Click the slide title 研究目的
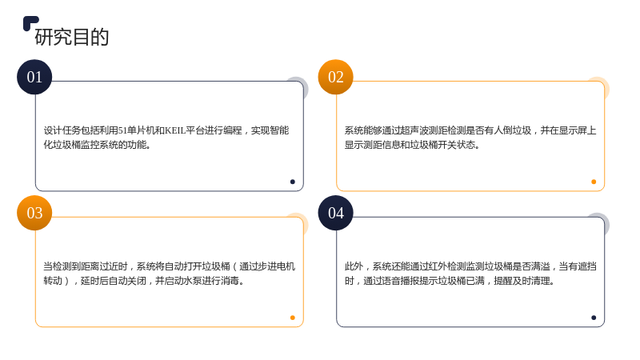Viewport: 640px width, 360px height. pos(72,37)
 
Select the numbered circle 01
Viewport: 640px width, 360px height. pos(34,77)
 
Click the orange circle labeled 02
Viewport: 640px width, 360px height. pos(335,77)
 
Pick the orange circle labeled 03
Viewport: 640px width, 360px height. pos(34,213)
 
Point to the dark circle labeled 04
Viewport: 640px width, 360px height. pos(335,213)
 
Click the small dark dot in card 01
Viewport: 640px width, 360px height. pos(292,182)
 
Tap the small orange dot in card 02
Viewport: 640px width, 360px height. pos(594,182)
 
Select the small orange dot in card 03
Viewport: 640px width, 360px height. pos(292,318)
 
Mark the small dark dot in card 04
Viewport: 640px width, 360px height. pos(594,318)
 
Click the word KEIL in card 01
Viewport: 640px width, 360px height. pos(175,130)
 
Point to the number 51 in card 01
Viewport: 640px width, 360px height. pos(122,130)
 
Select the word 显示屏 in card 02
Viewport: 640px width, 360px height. pos(573,130)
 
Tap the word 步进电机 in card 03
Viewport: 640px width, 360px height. pos(276,266)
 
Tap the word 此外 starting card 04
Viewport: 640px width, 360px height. pos(354,266)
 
